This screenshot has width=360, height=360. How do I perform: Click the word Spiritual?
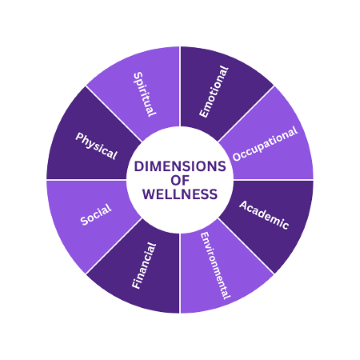point(144,94)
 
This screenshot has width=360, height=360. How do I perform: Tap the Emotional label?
point(214,91)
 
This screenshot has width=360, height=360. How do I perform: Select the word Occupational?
point(265,143)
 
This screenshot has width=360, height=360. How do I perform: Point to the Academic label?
point(264,215)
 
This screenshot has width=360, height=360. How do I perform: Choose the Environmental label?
point(215,266)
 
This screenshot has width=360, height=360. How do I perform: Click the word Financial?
point(144,266)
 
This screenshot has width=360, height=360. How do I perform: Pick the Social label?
point(96,214)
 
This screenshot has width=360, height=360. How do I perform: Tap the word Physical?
point(96,146)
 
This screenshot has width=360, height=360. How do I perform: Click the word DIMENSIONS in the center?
point(180,166)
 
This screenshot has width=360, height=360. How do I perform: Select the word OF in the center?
point(180,181)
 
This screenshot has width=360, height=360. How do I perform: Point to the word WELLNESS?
point(180,194)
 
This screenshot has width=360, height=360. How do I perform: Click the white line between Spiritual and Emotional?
point(180,86)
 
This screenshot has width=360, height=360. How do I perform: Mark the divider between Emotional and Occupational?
point(246,114)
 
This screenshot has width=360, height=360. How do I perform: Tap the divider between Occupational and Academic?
point(274,180)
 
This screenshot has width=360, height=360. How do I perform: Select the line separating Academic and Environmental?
point(246,246)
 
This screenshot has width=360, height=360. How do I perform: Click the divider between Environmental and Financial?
point(180,274)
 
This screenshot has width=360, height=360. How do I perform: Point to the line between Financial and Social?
point(114,246)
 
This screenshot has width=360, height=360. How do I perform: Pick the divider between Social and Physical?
point(86,180)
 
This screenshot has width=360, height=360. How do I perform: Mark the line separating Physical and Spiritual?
point(114,114)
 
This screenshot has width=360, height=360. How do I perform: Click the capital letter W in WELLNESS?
point(149,194)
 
